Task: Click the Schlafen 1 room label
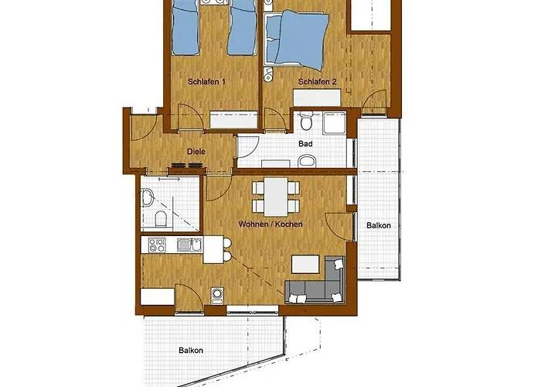coord(206,82)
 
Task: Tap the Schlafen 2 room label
coord(317,82)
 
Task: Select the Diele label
coord(196,152)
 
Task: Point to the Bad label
coord(305,143)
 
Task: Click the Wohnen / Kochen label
coord(270,224)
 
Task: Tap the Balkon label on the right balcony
coord(379,226)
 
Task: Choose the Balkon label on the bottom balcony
coord(191,351)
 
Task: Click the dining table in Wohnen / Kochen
coord(276,197)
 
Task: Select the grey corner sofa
coord(315,280)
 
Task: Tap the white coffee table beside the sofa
coord(305,265)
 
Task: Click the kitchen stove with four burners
coord(157,245)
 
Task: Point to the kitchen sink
coord(189,245)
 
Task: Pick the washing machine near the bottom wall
coord(217,296)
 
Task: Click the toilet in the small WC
coord(161,218)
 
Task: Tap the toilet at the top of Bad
coord(306,121)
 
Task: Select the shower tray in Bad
coord(335,123)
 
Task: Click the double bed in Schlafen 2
coord(296,39)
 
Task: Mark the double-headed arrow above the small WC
coord(169,179)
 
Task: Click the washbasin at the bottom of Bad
coord(307,161)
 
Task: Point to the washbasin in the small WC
coord(148,198)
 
